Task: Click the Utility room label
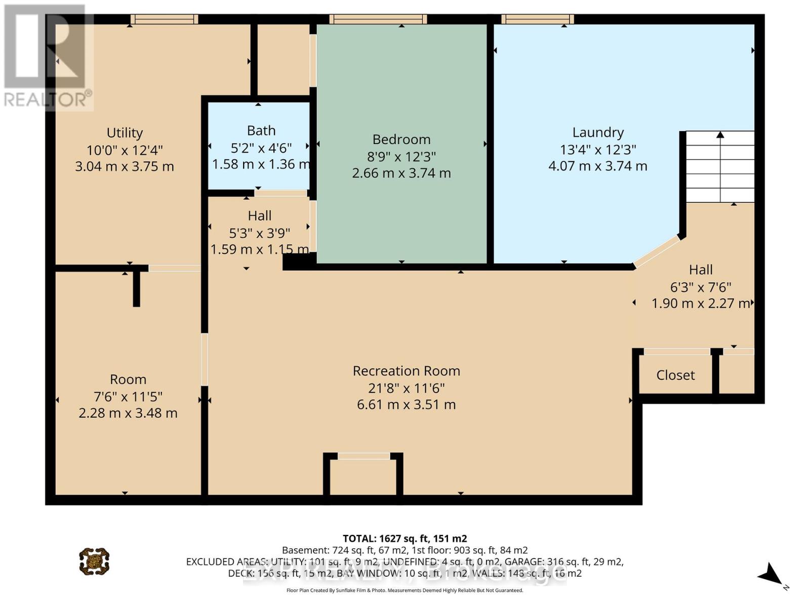pos(125,133)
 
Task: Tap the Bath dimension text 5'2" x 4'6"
pos(261,148)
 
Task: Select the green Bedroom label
pos(401,140)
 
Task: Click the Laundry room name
pos(598,133)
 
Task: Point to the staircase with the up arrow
pos(720,167)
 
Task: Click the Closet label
pos(675,375)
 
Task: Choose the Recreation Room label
pos(406,371)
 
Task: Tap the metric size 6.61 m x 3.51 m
pos(406,405)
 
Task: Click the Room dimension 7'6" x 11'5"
pos(128,397)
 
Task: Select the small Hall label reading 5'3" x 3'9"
pos(260,216)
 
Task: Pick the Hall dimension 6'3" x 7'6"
pos(701,287)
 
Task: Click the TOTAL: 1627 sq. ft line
pos(404,539)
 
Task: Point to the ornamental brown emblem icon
pos(94,561)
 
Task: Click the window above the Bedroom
pos(378,19)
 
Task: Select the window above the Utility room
pos(164,19)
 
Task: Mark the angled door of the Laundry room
pos(657,251)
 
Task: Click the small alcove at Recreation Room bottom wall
pos(363,475)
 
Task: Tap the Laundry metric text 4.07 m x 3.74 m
pos(598,166)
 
